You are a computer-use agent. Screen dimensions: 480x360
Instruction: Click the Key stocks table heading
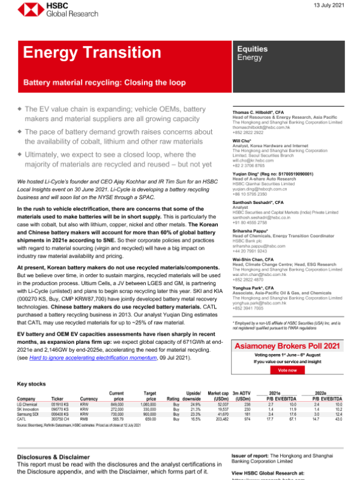pos(32,383)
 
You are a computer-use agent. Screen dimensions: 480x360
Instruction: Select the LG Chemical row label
pos(30,406)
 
